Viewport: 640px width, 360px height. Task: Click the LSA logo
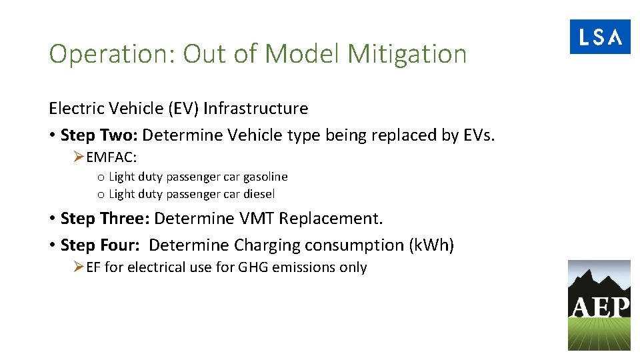click(599, 37)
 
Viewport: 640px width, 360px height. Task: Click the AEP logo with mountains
click(599, 305)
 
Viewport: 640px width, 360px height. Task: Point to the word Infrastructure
click(256, 108)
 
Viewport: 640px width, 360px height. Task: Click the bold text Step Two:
click(99, 135)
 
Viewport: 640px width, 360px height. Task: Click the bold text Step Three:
click(105, 218)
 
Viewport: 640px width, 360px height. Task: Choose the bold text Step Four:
click(100, 245)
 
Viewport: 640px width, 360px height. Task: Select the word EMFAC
click(110, 158)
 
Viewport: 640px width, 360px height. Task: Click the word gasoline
click(265, 177)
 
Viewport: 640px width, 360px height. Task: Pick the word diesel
click(259, 194)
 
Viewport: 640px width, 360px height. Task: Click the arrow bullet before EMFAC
click(79, 158)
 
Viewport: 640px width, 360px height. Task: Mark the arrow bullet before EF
click(79, 267)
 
